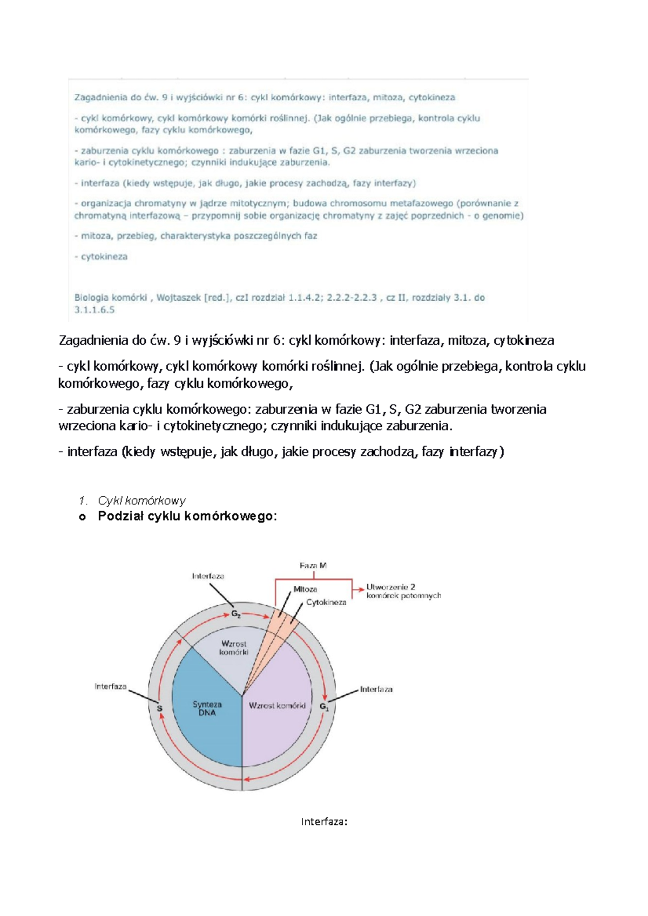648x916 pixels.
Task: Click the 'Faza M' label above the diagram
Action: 313,565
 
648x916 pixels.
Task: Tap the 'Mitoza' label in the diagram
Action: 305,589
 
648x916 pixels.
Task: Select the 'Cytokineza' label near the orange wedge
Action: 326,602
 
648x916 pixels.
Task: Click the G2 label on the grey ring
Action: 236,614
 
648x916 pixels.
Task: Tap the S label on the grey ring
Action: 160,708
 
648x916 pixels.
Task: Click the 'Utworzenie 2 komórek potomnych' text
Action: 403,591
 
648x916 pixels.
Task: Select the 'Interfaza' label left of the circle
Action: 111,686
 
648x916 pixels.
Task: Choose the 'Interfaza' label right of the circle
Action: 376,689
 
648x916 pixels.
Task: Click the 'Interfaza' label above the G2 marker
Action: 208,576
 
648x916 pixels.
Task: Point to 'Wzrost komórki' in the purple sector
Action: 277,706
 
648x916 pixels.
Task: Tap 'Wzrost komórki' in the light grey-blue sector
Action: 234,647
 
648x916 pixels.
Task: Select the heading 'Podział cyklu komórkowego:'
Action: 187,516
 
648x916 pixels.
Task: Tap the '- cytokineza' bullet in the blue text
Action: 102,257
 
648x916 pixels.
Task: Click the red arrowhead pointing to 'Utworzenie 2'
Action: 361,590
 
